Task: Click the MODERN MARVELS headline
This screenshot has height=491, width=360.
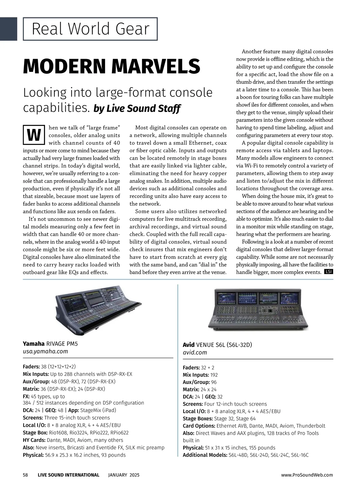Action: pyautogui.click(x=111, y=66)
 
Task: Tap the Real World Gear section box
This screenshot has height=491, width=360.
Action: pyautogui.click(x=90, y=29)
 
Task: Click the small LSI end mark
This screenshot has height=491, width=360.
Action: pyautogui.click(x=328, y=272)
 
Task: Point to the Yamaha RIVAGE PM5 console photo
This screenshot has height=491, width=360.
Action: pyautogui.click(x=98, y=311)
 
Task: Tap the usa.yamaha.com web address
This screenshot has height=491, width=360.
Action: pyautogui.click(x=45, y=351)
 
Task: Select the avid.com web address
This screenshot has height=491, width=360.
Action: pyautogui.click(x=195, y=353)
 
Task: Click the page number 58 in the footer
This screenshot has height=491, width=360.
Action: pyautogui.click(x=25, y=475)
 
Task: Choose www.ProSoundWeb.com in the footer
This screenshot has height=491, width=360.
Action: pyautogui.click(x=307, y=475)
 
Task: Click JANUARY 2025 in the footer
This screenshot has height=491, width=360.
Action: pyautogui.click(x=124, y=475)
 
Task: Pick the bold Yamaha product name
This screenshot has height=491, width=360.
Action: pyautogui.click(x=34, y=344)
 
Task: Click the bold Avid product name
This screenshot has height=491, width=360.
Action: pyautogui.click(x=189, y=345)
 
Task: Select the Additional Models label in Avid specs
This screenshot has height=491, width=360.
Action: pyautogui.click(x=205, y=455)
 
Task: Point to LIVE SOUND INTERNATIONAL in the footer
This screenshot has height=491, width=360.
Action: pyautogui.click(x=68, y=475)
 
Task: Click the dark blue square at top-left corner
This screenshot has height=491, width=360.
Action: pyautogui.click(x=8, y=29)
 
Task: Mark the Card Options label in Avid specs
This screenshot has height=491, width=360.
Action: pyautogui.click(x=199, y=426)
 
